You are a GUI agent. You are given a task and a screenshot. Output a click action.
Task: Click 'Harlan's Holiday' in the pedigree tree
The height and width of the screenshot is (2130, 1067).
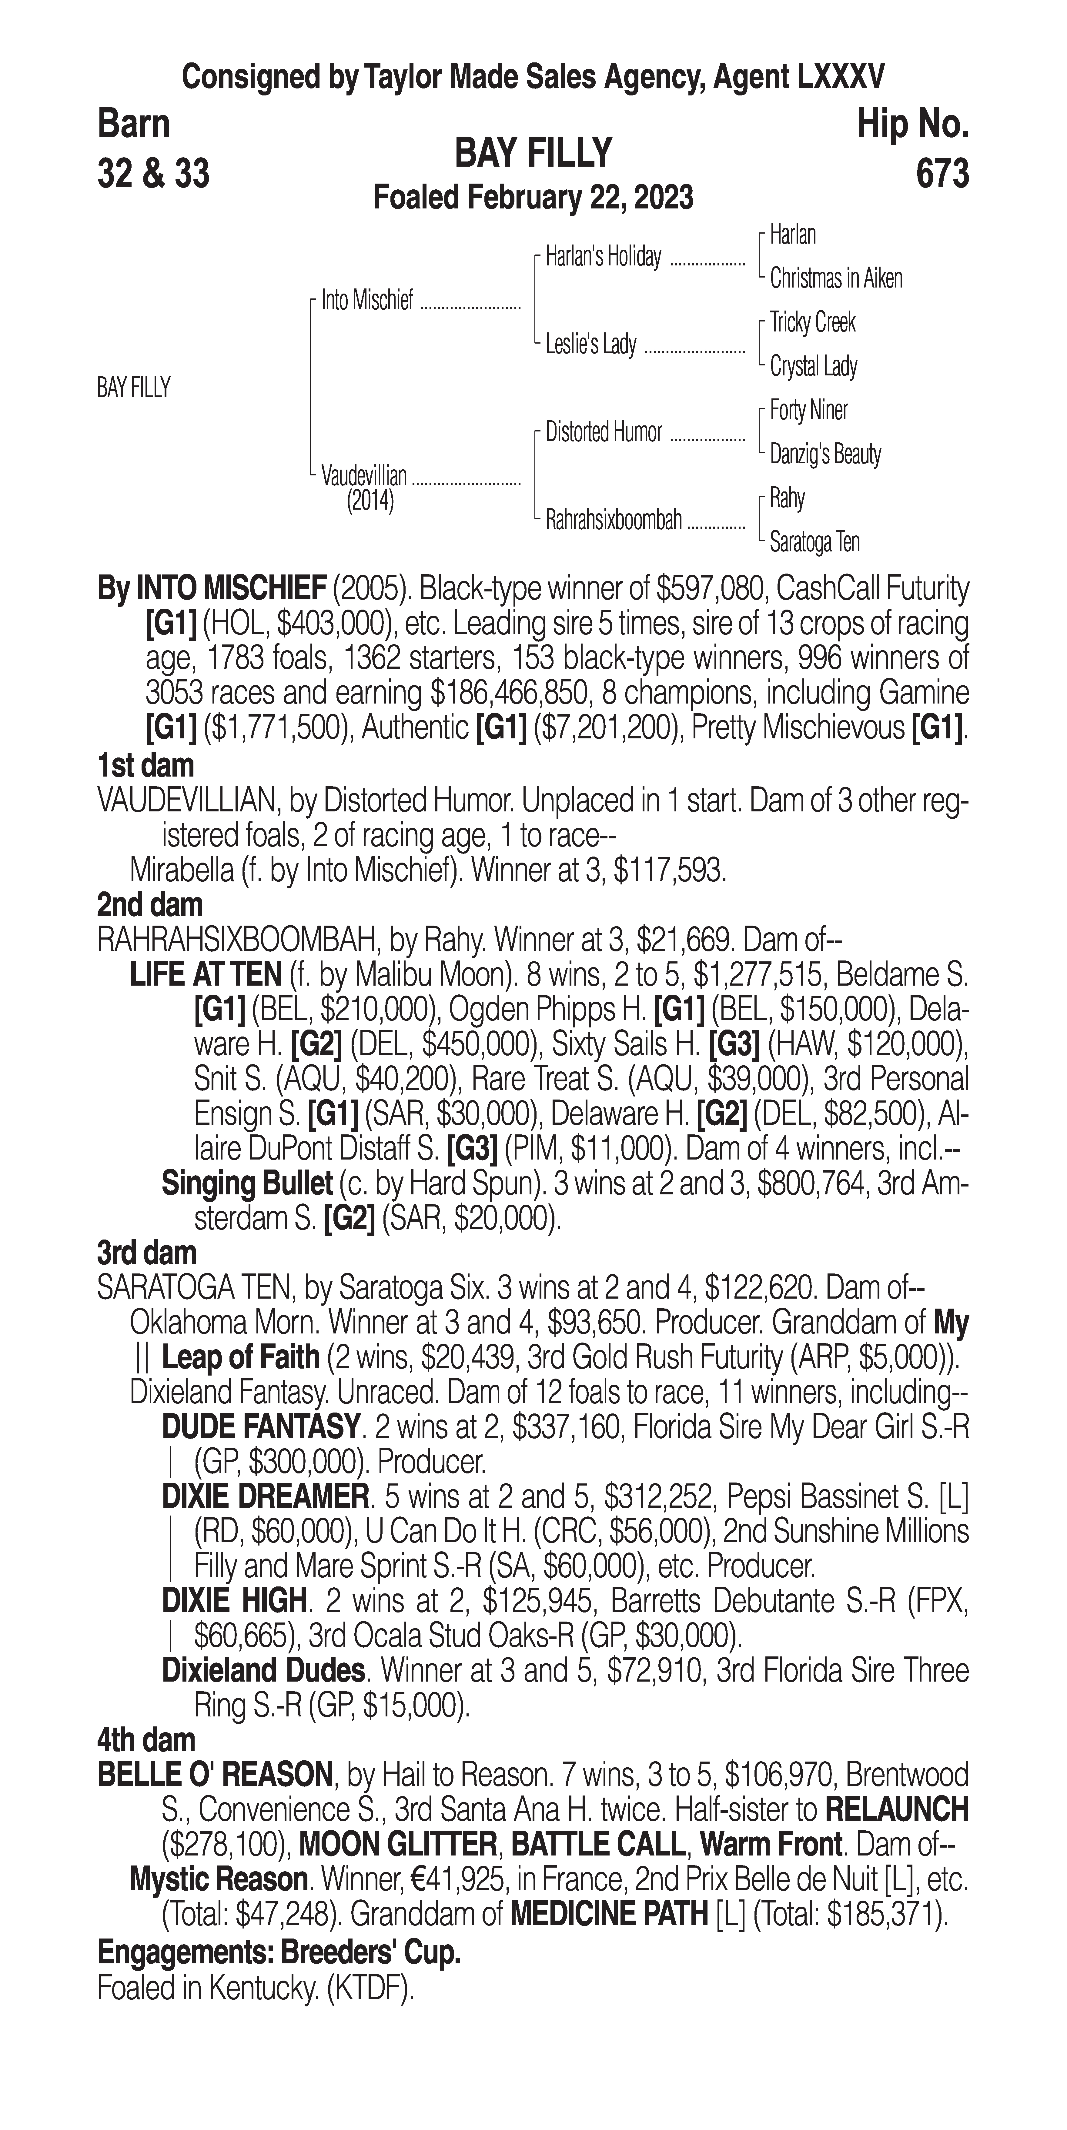tap(603, 257)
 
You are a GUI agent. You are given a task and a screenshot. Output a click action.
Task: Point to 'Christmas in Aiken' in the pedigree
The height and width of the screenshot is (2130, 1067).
tap(835, 279)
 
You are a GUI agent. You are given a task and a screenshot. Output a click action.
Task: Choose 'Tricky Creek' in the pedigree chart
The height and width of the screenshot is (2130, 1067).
tap(812, 322)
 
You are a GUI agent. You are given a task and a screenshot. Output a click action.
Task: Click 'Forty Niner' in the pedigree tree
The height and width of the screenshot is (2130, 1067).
tap(808, 410)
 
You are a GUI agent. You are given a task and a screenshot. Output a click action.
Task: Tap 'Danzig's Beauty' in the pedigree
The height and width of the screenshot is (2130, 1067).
tap(824, 454)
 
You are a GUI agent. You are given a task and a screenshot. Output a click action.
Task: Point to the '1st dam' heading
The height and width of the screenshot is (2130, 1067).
tap(145, 766)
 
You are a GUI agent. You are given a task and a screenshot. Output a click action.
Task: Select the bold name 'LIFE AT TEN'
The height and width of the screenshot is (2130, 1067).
tap(206, 975)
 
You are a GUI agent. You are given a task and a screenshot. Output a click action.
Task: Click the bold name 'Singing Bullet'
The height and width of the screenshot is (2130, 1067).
tap(246, 1184)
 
